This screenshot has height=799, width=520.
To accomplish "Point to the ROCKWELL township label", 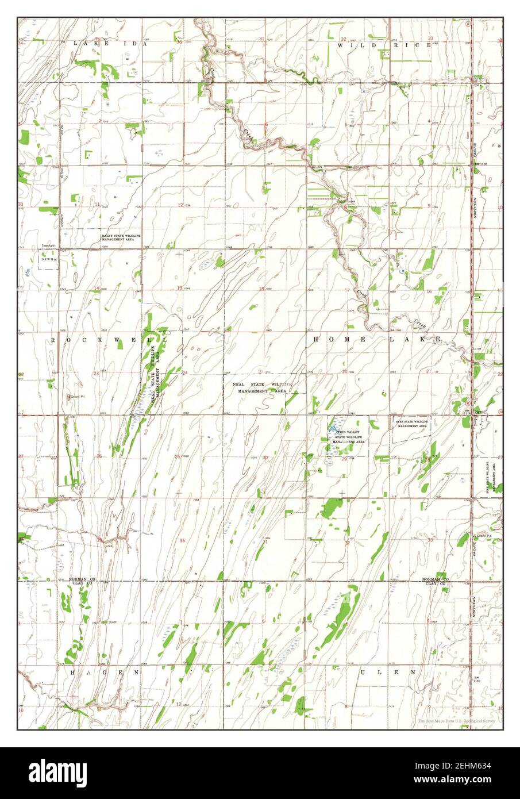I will (109, 340).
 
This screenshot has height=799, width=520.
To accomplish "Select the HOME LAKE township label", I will (377, 340).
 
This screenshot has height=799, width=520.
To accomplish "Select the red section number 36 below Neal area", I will (183, 540).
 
